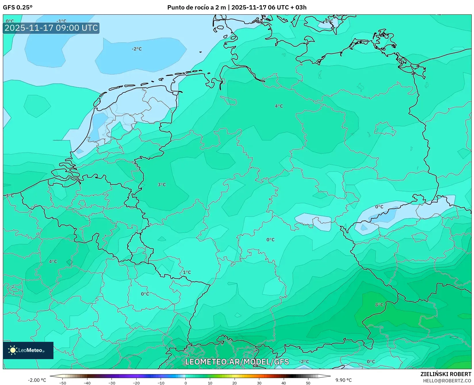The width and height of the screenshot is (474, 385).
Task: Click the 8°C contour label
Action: pyautogui.click(x=379, y=305)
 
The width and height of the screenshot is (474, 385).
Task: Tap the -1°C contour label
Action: pyautogui.click(x=61, y=21)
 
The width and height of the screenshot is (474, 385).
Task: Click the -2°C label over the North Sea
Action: pyautogui.click(x=137, y=49)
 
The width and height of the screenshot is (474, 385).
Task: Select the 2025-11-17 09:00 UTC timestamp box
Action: pyautogui.click(x=51, y=28)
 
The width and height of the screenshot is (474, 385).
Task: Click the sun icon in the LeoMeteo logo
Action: pyautogui.click(x=13, y=350)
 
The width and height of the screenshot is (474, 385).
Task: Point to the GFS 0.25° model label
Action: pyautogui.click(x=18, y=7)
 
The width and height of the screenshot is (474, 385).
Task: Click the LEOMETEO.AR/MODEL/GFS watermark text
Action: pyautogui.click(x=237, y=362)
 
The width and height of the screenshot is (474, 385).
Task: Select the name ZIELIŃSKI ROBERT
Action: pyautogui.click(x=446, y=374)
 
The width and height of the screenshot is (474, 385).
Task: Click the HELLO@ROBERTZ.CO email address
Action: pyautogui.click(x=447, y=381)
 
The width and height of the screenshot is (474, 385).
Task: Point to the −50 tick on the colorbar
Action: pyautogui.click(x=63, y=383)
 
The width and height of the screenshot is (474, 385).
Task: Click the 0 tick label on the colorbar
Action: pyautogui.click(x=185, y=383)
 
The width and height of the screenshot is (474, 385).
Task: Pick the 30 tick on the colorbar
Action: pyautogui.click(x=259, y=383)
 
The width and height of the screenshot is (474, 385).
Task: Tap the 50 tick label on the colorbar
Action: pyautogui.click(x=308, y=383)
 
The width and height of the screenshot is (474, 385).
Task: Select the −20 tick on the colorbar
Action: pyautogui.click(x=136, y=383)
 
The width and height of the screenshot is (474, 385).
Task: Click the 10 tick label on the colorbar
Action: pyautogui.click(x=210, y=383)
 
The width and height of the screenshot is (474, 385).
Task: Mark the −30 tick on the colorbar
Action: pyautogui.click(x=112, y=383)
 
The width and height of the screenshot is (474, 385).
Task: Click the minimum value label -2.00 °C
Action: pyautogui.click(x=37, y=380)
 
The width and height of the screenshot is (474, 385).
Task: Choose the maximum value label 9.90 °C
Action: pyautogui.click(x=343, y=380)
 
